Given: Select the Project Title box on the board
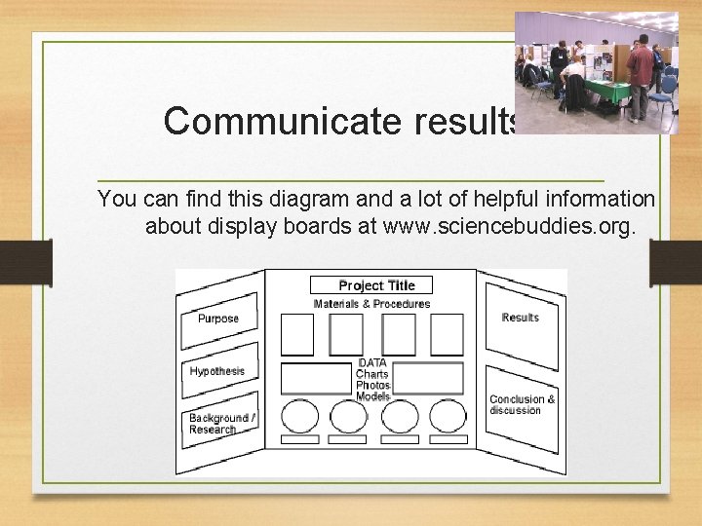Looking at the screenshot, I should (x=371, y=285).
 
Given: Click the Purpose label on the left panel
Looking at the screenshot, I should (x=217, y=319).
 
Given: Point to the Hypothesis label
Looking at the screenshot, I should (x=216, y=371).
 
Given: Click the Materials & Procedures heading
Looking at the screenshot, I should (x=371, y=304).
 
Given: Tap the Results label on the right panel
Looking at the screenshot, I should (x=520, y=318).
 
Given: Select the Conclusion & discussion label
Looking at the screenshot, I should (x=522, y=404).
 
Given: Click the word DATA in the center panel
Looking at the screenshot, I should (x=372, y=363).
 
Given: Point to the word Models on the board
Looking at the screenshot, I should (x=372, y=396).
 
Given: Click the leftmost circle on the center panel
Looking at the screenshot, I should (x=299, y=417).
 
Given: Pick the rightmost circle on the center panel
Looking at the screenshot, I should (x=448, y=417).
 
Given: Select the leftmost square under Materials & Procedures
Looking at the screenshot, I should (x=297, y=334).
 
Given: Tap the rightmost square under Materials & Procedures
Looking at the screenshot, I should (x=447, y=334).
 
